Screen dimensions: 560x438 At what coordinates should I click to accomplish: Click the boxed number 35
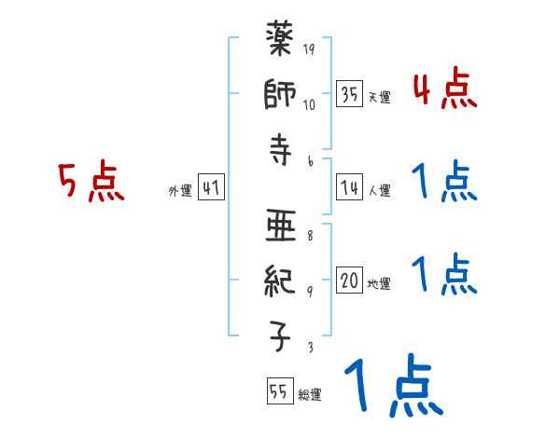pyautogui.click(x=350, y=94)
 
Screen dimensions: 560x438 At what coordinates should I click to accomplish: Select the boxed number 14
pyautogui.click(x=350, y=188)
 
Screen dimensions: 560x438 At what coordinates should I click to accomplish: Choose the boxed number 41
pyautogui.click(x=211, y=188)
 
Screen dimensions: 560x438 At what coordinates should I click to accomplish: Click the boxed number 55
pyautogui.click(x=278, y=392)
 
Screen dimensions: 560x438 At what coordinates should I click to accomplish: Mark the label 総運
pyautogui.click(x=309, y=395)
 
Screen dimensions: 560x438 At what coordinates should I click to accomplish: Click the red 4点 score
pyautogui.click(x=444, y=89)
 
